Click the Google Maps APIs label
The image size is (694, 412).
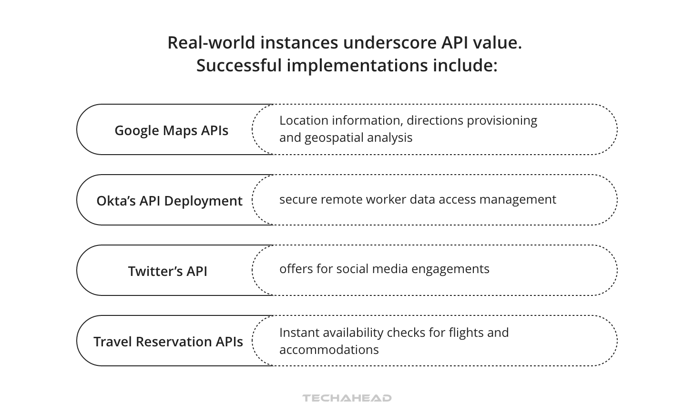click(x=171, y=130)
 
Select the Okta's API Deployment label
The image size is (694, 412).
click(x=169, y=201)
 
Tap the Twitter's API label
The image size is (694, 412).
click(x=168, y=271)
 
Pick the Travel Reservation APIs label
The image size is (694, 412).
click(x=168, y=342)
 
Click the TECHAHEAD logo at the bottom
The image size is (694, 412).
click(x=347, y=398)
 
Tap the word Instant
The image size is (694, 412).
click(x=297, y=332)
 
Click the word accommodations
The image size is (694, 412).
click(x=329, y=350)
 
